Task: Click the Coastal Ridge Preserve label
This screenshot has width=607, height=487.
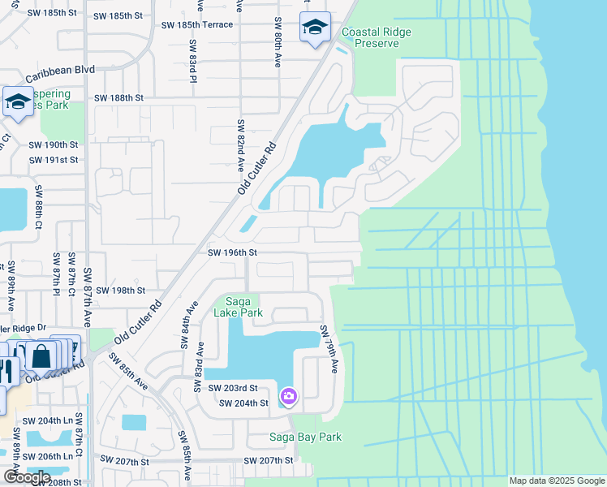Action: [376, 37]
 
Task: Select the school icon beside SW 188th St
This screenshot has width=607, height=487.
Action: [17, 102]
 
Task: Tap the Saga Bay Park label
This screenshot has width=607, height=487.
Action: [305, 437]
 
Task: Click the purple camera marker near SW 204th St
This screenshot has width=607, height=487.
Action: [287, 396]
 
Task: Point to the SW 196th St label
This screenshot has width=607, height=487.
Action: [232, 253]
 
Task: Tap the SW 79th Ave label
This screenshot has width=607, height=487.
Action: [329, 349]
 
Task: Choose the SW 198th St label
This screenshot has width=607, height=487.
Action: [120, 290]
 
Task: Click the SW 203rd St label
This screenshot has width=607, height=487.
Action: [232, 389]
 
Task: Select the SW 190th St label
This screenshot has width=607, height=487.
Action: [53, 144]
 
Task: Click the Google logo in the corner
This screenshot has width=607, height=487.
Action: [27, 477]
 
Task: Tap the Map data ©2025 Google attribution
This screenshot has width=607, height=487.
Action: [556, 481]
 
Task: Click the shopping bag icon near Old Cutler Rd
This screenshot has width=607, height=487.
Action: [41, 356]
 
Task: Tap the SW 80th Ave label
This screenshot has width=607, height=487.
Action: [278, 41]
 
